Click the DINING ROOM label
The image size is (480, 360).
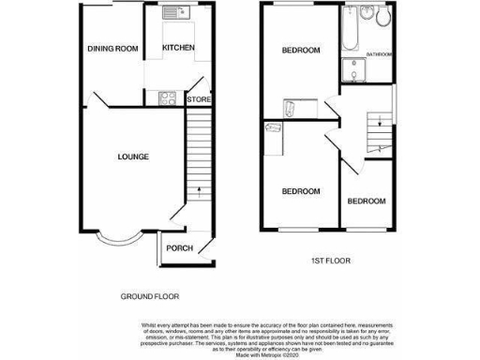pyautogui.click(x=112, y=49)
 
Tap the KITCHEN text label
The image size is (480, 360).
pyautogui.click(x=178, y=48)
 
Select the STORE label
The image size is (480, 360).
pyautogui.click(x=198, y=99)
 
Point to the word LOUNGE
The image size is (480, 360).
pyautogui.click(x=132, y=156)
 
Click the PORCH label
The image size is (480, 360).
pyautogui.click(x=179, y=248)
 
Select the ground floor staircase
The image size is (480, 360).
pyautogui.click(x=197, y=155)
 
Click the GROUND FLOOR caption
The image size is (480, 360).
pyautogui.click(x=149, y=296)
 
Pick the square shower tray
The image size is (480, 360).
pyautogui.click(x=352, y=70)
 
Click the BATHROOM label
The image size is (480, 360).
pyautogui.click(x=379, y=54)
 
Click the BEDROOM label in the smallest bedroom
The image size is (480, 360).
pyautogui.click(x=365, y=201)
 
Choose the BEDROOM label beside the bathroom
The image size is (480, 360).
pyautogui.click(x=301, y=50)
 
